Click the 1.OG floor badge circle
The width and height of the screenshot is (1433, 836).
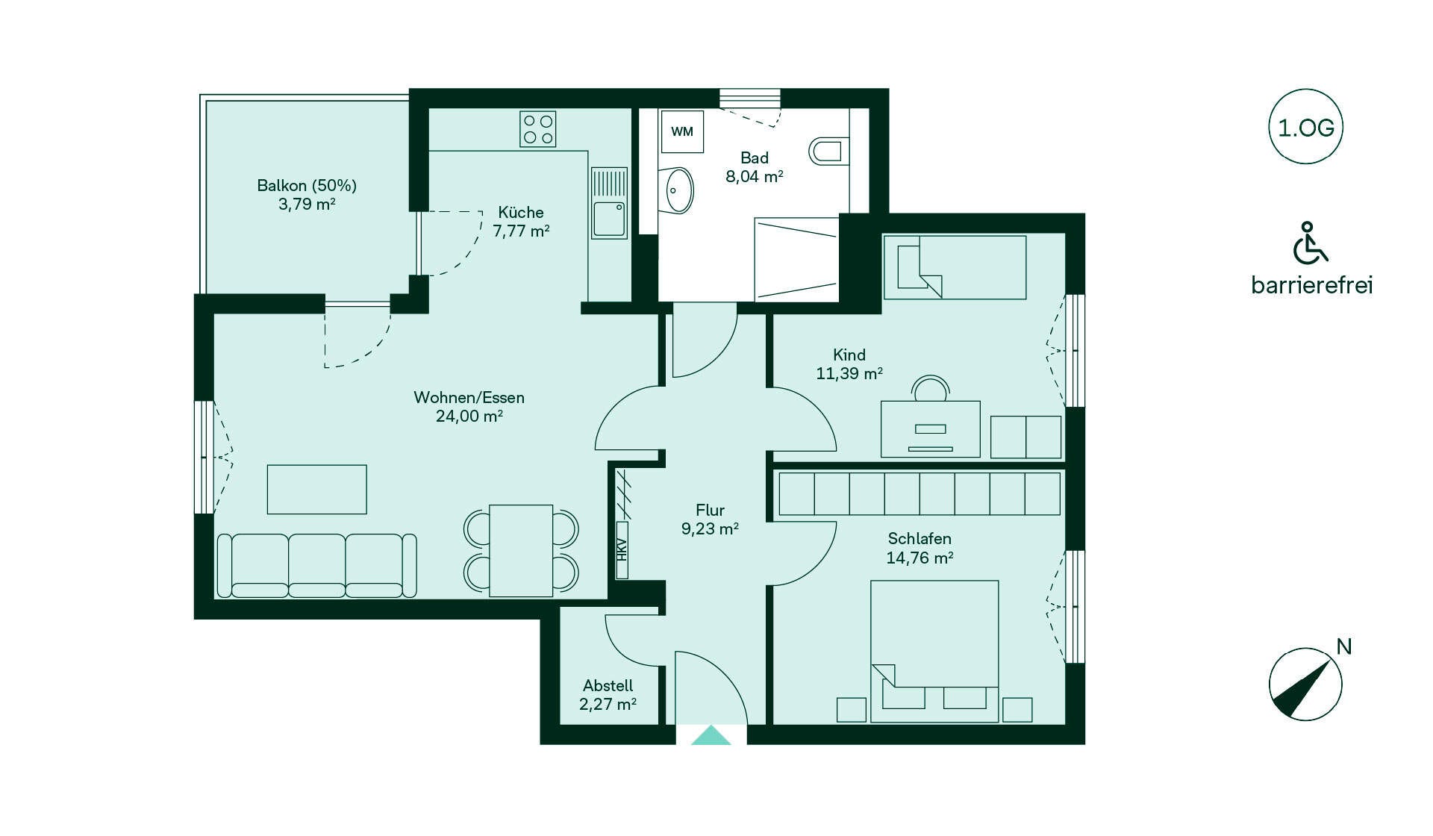[x=1305, y=90]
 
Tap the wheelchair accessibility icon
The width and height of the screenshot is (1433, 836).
[x=1309, y=243]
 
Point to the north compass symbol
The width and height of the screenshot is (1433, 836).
[x=1305, y=684]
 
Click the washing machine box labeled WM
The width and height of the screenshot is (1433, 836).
[x=682, y=132]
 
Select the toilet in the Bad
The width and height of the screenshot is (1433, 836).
[x=829, y=151]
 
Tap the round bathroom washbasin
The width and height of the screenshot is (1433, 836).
[x=676, y=190]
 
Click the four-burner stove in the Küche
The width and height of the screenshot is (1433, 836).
[x=538, y=128]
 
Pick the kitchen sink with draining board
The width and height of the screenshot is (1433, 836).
[x=609, y=202]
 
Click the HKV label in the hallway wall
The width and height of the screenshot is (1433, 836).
[x=622, y=550]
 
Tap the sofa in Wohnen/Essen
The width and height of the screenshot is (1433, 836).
[x=316, y=565]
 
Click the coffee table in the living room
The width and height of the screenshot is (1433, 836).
[x=317, y=489]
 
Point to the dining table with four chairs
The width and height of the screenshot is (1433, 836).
[x=521, y=550]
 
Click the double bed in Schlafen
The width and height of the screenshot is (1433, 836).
[x=934, y=651]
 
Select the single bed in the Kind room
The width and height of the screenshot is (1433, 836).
[x=955, y=267]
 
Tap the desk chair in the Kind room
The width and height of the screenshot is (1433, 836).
[x=931, y=388]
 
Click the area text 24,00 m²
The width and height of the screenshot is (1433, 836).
[x=469, y=417]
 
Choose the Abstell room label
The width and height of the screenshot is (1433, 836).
[x=608, y=685]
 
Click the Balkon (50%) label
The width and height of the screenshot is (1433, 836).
[x=307, y=186]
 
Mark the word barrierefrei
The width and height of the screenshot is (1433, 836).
[x=1311, y=285]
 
